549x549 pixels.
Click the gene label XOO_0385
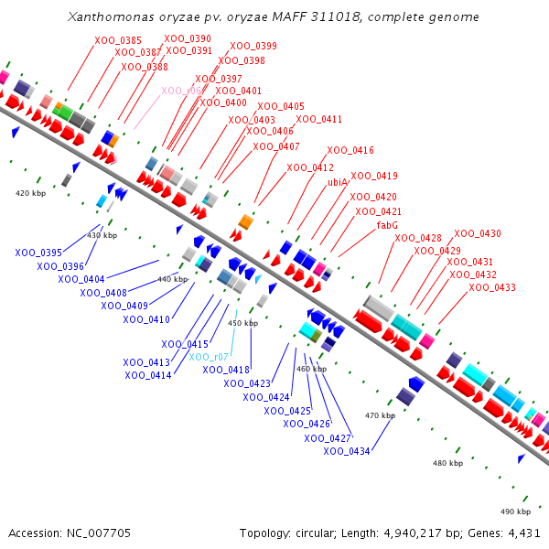(x=118, y=40)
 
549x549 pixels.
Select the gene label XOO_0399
(x=253, y=46)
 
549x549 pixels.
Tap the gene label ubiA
(x=338, y=182)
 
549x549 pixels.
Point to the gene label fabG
(x=387, y=225)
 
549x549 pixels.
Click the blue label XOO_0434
(x=347, y=451)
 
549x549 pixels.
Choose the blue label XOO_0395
(x=38, y=253)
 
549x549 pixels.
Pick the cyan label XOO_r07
(x=209, y=356)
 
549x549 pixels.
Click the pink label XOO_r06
(x=181, y=91)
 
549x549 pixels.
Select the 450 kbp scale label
(x=242, y=323)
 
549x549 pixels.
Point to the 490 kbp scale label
(x=515, y=511)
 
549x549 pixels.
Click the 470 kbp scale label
(x=380, y=415)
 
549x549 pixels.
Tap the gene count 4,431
(x=522, y=533)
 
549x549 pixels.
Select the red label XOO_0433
(x=492, y=287)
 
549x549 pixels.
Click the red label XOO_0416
(x=350, y=150)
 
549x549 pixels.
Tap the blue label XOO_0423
(x=247, y=383)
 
